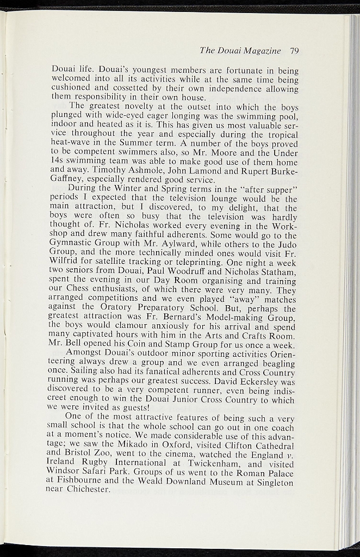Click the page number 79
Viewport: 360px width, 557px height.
click(x=295, y=51)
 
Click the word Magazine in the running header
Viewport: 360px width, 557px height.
click(x=263, y=51)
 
